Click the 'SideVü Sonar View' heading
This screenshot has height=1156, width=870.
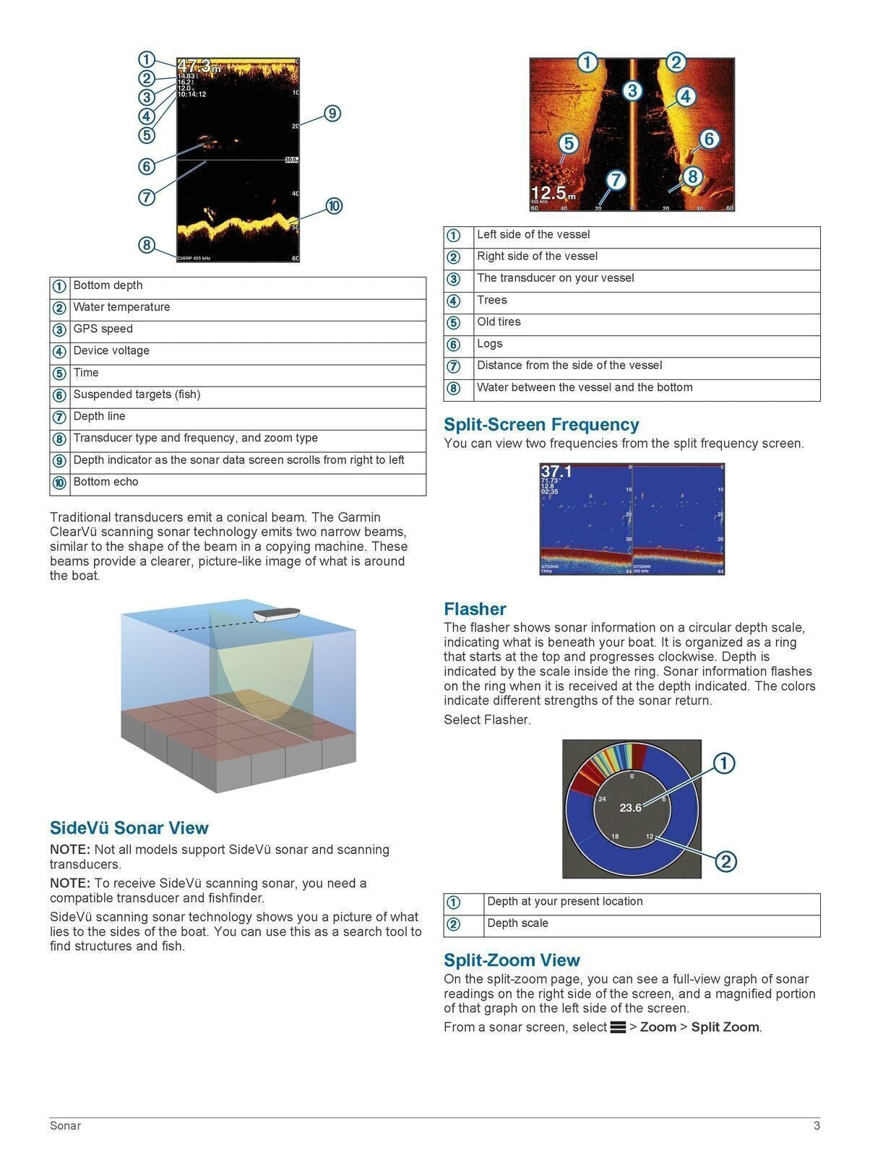coord(129,828)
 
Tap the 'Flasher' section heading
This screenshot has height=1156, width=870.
coord(475,609)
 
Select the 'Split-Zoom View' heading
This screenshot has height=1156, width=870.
coord(512,960)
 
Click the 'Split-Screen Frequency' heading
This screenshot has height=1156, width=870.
coord(541,424)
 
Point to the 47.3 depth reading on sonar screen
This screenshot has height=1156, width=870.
coord(194,66)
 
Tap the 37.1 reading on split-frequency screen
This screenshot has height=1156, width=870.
coord(556,472)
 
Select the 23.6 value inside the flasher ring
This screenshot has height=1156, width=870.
coord(630,808)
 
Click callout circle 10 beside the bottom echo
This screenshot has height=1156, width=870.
coord(333,206)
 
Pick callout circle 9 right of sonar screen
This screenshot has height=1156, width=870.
coord(332,113)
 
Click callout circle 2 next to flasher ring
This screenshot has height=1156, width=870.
coord(725,861)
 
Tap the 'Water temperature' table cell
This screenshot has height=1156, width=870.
coord(121,307)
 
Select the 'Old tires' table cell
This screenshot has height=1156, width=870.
coord(499,322)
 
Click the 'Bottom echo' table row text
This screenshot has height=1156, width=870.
coord(105,482)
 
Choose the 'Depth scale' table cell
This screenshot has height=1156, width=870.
coord(517,923)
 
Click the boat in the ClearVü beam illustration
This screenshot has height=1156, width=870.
coord(276,616)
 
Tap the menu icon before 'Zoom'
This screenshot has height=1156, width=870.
coord(618,1027)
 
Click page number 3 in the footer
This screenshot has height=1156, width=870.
coord(817,1126)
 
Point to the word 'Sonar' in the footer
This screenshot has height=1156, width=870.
coord(65,1126)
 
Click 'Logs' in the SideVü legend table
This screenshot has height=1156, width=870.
coord(489,344)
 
